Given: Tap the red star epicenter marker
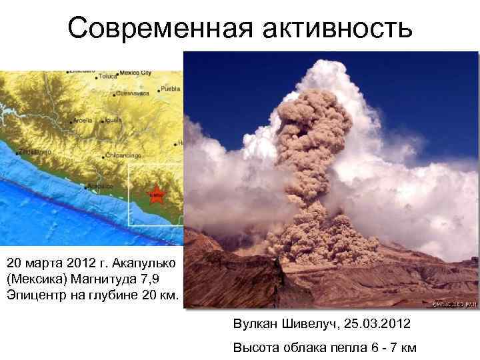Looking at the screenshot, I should coord(156,194).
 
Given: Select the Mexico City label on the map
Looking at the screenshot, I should coord(136,72).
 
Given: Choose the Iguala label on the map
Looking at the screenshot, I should coord(114,120).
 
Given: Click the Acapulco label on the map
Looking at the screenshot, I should coord(100,186).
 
